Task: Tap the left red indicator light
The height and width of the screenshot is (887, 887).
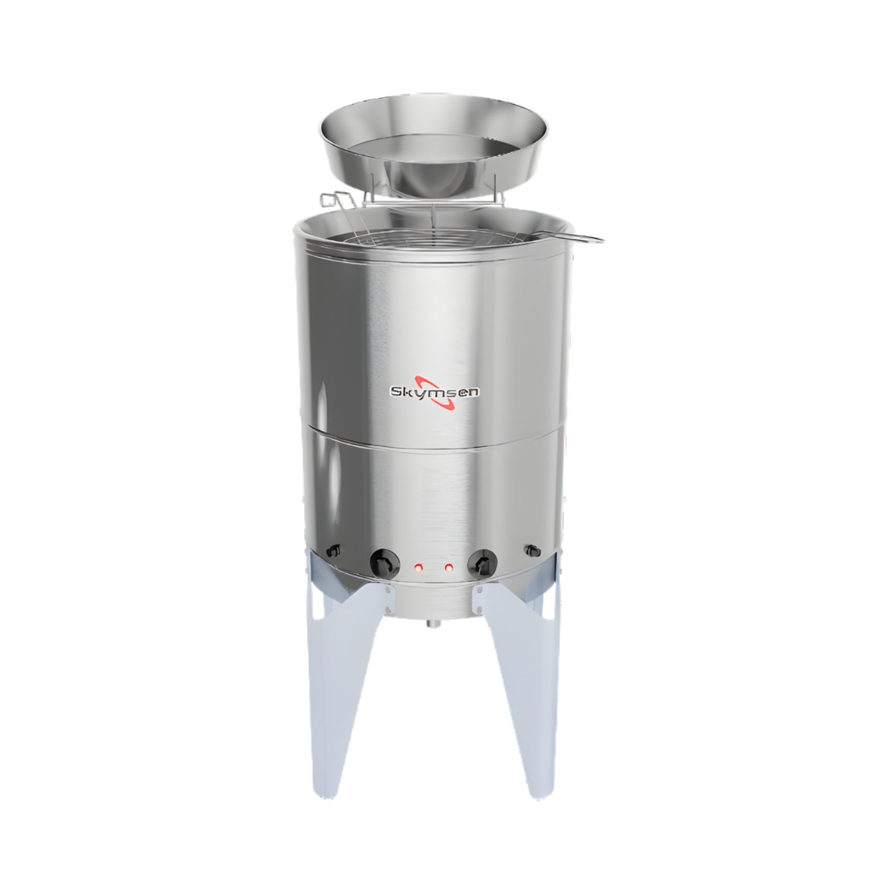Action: pyautogui.click(x=418, y=568)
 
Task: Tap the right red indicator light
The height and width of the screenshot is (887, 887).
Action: pyautogui.click(x=448, y=568)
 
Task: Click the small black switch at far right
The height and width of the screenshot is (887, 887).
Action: pyautogui.click(x=533, y=549)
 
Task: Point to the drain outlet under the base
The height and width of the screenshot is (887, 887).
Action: pyautogui.click(x=433, y=623)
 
